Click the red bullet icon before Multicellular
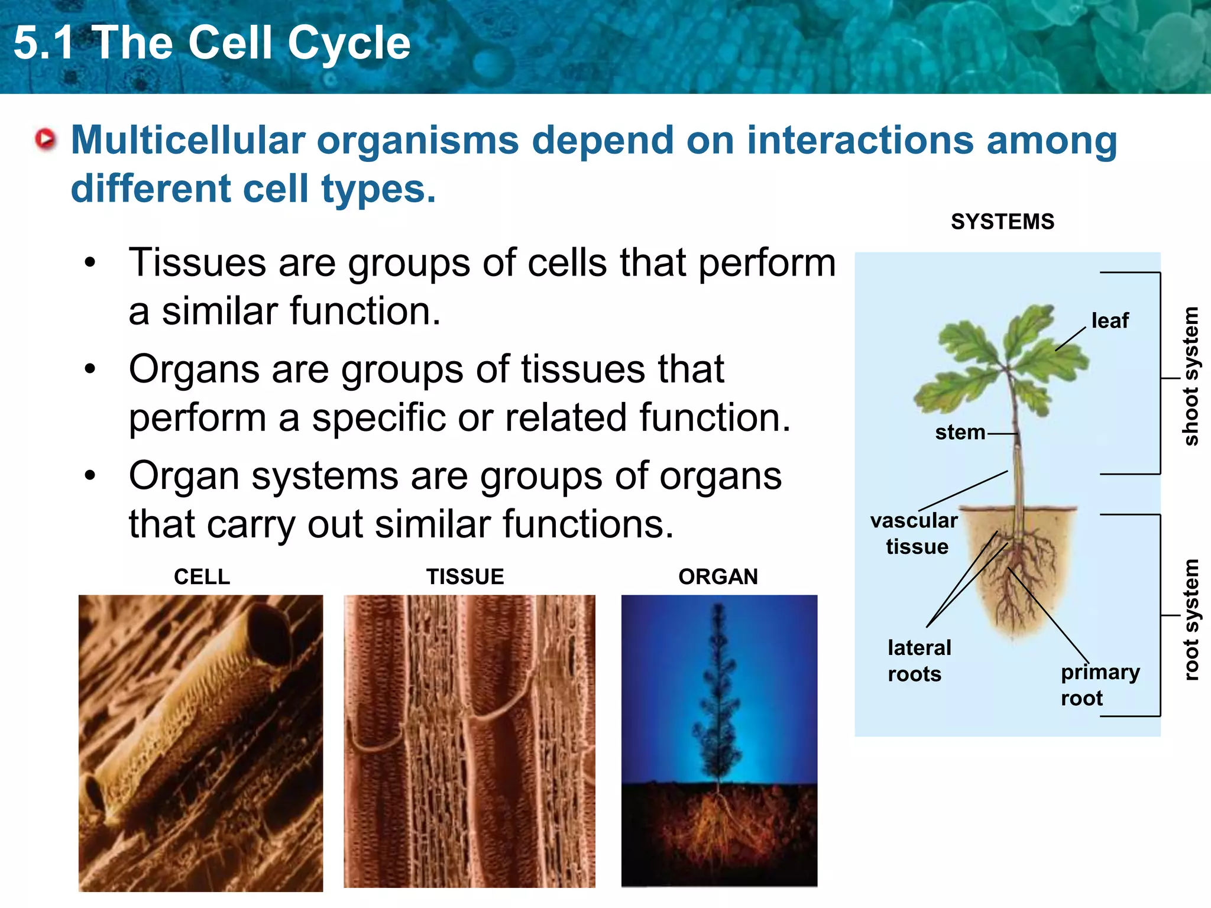pyautogui.click(x=46, y=140)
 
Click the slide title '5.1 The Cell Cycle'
pyautogui.click(x=212, y=44)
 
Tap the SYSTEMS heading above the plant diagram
pyautogui.click(x=1002, y=222)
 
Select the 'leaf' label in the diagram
pyautogui.click(x=1110, y=321)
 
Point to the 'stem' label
pyautogui.click(x=960, y=433)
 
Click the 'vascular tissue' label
pyautogui.click(x=914, y=533)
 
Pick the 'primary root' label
pyautogui.click(x=1099, y=685)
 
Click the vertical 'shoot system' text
pyautogui.click(x=1190, y=376)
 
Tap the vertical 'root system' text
pyautogui.click(x=1190, y=620)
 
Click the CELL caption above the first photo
pyautogui.click(x=202, y=577)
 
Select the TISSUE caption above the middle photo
pyautogui.click(x=465, y=577)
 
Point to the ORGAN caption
pyautogui.click(x=718, y=577)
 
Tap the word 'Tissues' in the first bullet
pyautogui.click(x=197, y=263)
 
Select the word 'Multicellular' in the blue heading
pyautogui.click(x=187, y=141)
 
